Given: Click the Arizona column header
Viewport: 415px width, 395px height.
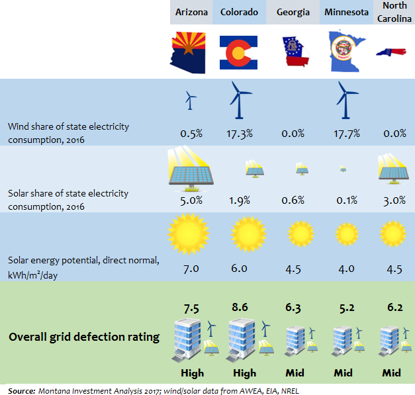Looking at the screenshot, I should [191, 13].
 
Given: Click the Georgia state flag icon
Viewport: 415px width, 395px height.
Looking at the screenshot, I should [293, 53].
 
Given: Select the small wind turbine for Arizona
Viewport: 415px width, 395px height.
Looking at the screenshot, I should [190, 101].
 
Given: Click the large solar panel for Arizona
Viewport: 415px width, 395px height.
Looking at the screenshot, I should [190, 171].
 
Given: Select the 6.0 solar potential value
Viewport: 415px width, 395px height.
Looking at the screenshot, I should [239, 269].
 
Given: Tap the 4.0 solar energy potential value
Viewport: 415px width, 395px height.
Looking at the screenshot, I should [347, 269].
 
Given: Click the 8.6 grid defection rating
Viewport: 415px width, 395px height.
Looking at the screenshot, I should [240, 307].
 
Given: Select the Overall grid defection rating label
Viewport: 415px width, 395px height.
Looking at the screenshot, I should [84, 337].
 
